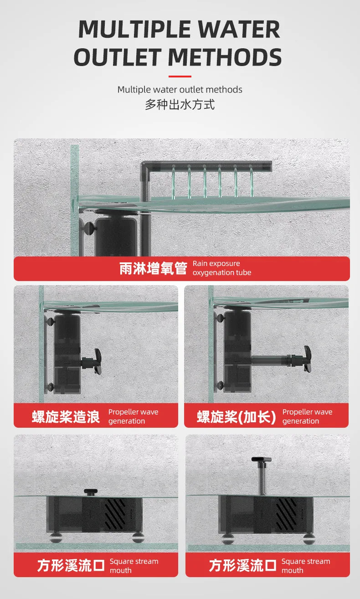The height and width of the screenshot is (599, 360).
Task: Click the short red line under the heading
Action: [x=180, y=76]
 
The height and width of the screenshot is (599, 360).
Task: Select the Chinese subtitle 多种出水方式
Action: [x=180, y=104]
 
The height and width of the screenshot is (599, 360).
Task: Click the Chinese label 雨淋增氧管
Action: [x=153, y=269]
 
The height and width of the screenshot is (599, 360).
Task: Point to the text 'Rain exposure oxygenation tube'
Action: [x=222, y=268]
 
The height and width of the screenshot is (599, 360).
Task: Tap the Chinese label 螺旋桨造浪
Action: [x=66, y=416]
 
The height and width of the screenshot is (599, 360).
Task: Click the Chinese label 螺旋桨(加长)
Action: [x=236, y=416]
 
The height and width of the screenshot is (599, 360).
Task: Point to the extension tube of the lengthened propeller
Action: [x=271, y=361]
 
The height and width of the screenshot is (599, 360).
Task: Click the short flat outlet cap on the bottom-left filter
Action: [x=90, y=491]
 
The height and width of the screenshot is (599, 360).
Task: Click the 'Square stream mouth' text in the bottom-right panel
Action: [x=305, y=566]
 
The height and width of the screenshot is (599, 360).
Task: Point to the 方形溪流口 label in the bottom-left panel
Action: [x=71, y=566]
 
